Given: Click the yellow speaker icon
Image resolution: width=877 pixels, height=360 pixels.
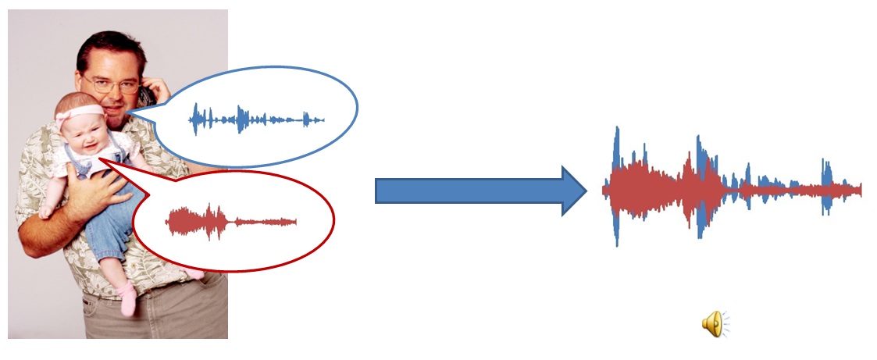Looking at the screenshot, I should point(713,323).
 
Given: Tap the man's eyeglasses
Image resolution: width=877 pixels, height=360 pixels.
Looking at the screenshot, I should point(110,84).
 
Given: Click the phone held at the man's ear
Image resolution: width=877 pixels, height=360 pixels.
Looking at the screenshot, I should point(145,96).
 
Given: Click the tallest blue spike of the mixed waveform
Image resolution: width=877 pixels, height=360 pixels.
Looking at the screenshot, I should point(617,148).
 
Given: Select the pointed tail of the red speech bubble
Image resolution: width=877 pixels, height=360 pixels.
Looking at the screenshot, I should point(105,159).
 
